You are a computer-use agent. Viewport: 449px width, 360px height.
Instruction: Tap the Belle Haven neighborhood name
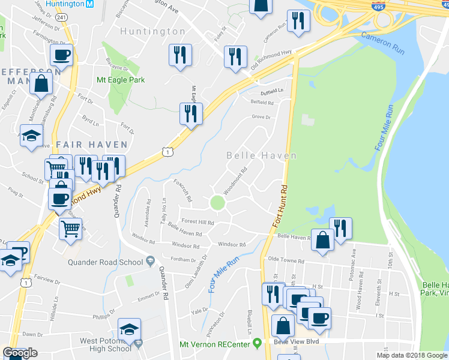(x=261, y=155)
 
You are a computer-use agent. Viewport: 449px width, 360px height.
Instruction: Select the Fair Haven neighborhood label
(x=92, y=145)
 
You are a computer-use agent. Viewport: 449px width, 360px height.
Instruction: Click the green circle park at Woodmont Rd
(x=217, y=203)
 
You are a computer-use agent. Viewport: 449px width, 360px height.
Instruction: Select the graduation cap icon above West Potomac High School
(x=129, y=329)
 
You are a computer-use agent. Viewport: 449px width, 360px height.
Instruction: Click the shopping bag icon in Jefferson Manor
(x=42, y=82)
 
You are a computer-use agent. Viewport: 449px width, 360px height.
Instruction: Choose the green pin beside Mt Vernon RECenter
(x=258, y=344)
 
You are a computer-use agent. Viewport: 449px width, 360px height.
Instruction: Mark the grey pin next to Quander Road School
(x=150, y=261)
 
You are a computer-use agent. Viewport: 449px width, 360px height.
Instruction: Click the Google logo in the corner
(x=20, y=353)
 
